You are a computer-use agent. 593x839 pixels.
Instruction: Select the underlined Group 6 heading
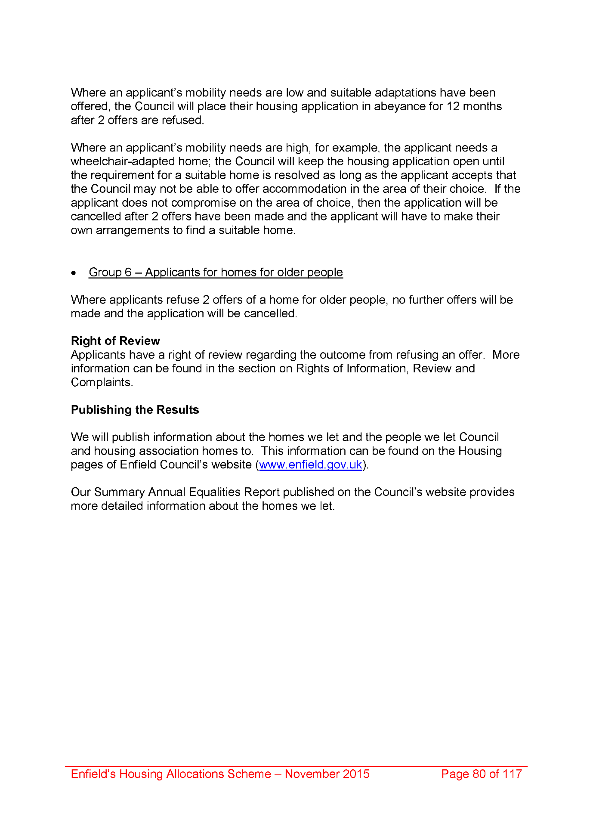pyautogui.click(x=216, y=272)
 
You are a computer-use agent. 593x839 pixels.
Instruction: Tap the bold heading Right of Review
pyautogui.click(x=115, y=341)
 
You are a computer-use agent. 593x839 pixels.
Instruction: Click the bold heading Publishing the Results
pyautogui.click(x=135, y=410)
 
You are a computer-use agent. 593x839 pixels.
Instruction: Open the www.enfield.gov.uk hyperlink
pyautogui.click(x=310, y=465)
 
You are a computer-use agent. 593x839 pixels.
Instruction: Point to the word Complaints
pyautogui.click(x=102, y=382)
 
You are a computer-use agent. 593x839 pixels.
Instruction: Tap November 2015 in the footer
pyautogui.click(x=327, y=774)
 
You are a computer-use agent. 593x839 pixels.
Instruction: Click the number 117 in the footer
pyautogui.click(x=512, y=774)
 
